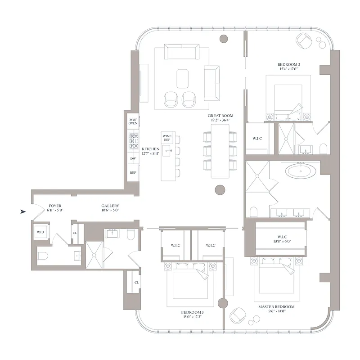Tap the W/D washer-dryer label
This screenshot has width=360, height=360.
point(40,233)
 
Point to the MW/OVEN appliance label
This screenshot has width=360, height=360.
point(133,121)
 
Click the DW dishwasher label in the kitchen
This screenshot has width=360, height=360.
point(133,158)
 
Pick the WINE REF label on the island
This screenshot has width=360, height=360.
point(167,138)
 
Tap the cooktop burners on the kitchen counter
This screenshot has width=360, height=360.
point(134,140)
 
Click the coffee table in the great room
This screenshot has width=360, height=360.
point(182,78)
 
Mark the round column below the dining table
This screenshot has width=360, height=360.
point(220,190)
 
